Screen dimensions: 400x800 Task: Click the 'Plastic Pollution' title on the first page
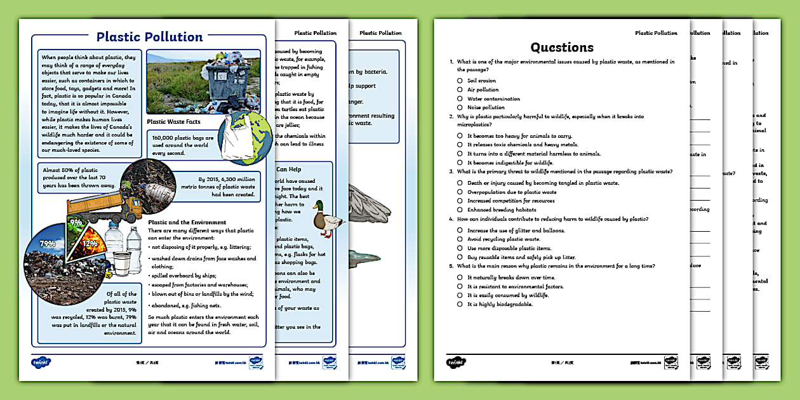149,37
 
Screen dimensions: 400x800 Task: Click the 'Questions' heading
562,47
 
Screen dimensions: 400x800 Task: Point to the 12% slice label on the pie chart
90,244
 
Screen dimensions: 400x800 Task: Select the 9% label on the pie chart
76,223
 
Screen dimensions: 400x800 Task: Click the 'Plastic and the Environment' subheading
187,222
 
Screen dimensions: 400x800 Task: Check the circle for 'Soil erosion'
459,81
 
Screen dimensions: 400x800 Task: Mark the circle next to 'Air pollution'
459,90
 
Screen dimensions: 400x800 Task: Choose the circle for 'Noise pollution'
459,107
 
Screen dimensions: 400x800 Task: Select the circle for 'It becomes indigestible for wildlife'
459,163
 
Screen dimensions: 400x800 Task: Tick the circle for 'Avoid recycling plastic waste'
459,239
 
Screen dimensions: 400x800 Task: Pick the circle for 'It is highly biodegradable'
459,304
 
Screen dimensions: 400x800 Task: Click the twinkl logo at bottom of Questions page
454,363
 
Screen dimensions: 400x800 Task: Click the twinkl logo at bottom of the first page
41,363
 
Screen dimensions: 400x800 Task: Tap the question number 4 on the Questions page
451,219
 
